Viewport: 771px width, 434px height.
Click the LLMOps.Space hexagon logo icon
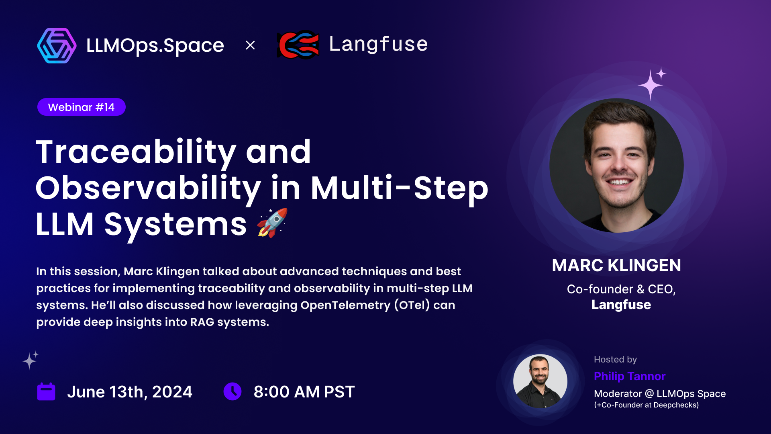tap(57, 45)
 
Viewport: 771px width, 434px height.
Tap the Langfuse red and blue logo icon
tap(298, 45)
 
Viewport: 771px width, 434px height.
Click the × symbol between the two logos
tap(250, 45)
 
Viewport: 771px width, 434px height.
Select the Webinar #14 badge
tap(82, 107)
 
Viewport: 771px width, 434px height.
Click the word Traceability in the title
tap(136, 153)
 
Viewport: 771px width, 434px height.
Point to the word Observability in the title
tap(149, 188)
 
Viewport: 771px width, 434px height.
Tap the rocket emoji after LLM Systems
tap(273, 223)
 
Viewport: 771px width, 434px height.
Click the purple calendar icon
tap(46, 391)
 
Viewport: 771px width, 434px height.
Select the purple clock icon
tap(233, 391)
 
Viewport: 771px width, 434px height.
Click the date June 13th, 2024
tap(130, 392)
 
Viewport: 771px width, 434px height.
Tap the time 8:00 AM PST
tap(304, 392)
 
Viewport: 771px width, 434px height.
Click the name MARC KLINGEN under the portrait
tap(616, 265)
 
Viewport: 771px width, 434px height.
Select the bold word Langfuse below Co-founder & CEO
tap(621, 305)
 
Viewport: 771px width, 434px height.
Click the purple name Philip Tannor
tap(630, 376)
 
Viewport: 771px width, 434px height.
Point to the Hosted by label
tap(615, 359)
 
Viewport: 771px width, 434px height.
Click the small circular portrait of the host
tap(540, 381)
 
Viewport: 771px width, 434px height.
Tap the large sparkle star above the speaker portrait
tap(650, 85)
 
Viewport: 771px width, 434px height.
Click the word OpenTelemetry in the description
tap(345, 305)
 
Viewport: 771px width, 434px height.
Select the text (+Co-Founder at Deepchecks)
tap(647, 405)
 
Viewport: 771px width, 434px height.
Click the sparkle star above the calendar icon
tap(30, 361)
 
